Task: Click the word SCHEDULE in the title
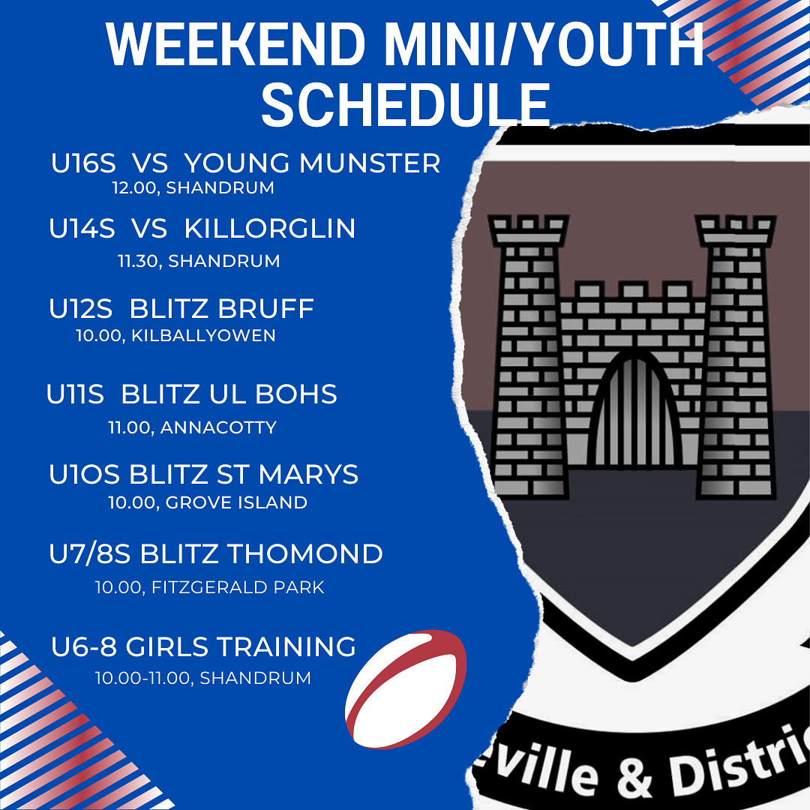(406, 105)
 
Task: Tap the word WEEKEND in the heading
(236, 44)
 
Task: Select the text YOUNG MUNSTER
(313, 163)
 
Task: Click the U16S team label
(84, 163)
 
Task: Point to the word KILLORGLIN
(270, 228)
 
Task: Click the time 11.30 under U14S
(137, 261)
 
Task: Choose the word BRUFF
(266, 309)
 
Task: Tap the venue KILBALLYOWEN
(203, 336)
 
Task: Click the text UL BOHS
(273, 394)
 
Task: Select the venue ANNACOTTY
(218, 427)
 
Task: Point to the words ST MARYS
(287, 475)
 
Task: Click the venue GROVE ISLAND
(236, 502)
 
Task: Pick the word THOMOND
(305, 554)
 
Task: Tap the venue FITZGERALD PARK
(238, 587)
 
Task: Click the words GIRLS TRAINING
(241, 646)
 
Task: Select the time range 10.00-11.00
(142, 678)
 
